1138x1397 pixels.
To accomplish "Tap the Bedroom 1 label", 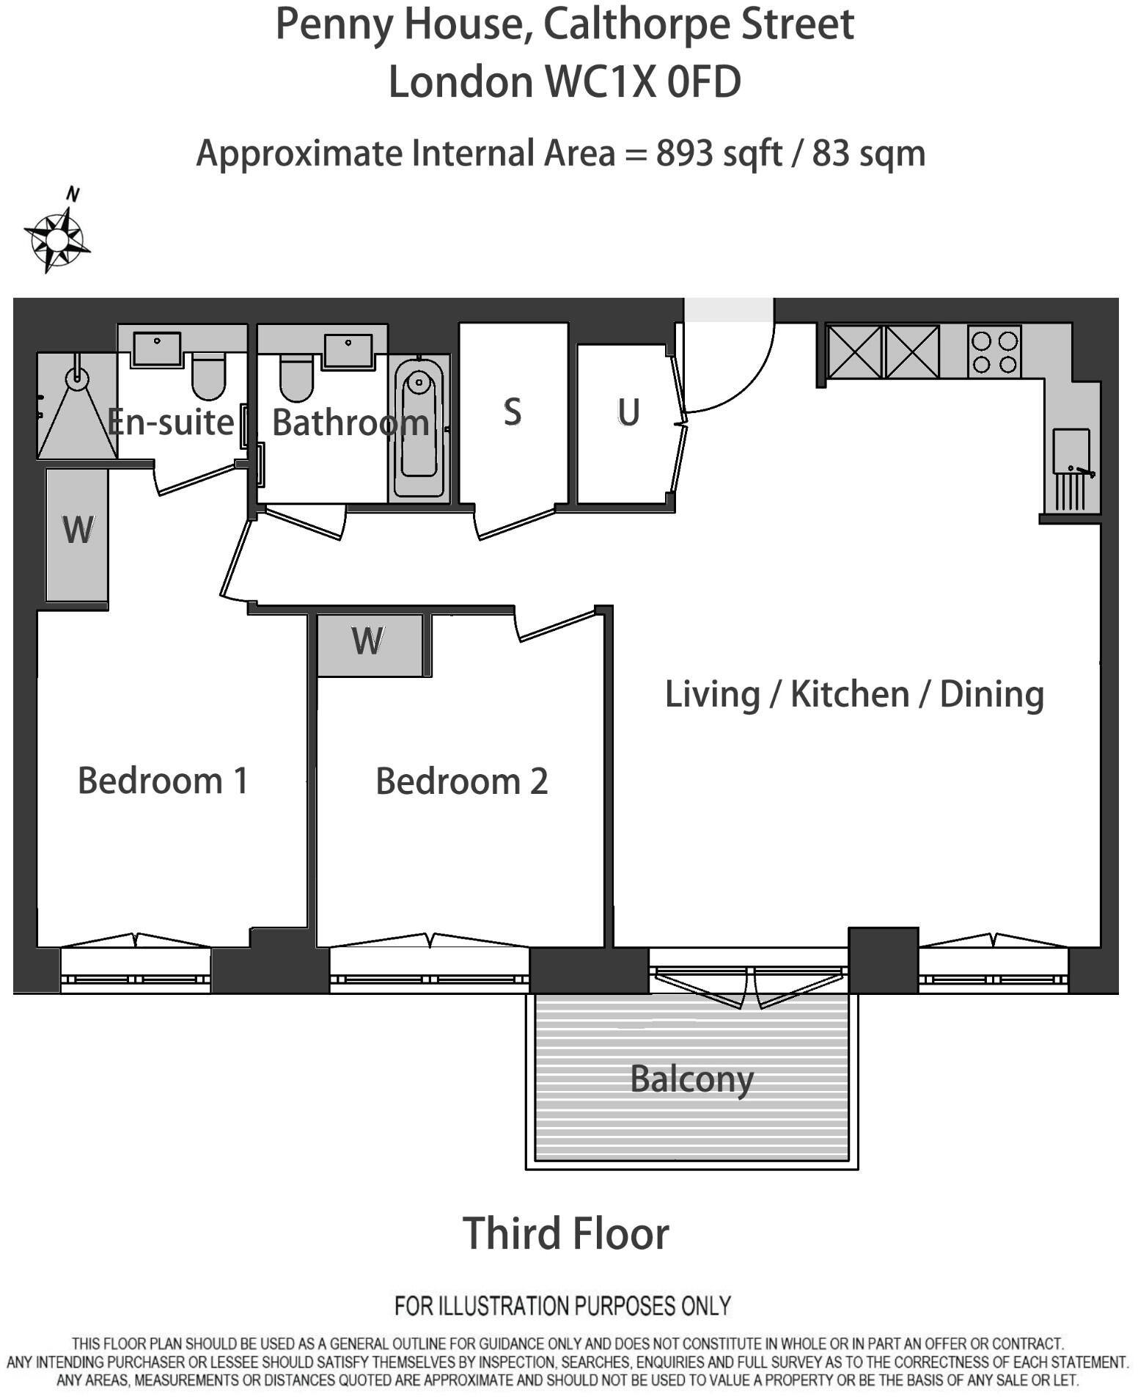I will pyautogui.click(x=163, y=780).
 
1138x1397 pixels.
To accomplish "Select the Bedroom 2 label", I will pyautogui.click(x=461, y=781).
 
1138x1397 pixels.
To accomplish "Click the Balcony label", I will pyautogui.click(x=691, y=1079).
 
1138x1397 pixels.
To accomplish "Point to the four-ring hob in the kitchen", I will pyautogui.click(x=994, y=351).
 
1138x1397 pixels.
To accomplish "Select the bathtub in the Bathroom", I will pyautogui.click(x=419, y=428).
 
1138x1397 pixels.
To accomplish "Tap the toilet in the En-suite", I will pyautogui.click(x=208, y=375).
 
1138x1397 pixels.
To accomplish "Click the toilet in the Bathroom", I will pyautogui.click(x=296, y=377).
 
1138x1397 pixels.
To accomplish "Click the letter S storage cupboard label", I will pyautogui.click(x=513, y=412).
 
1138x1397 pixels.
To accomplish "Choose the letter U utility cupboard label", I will pyautogui.click(x=628, y=412).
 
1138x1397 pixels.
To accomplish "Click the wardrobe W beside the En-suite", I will pyautogui.click(x=78, y=530).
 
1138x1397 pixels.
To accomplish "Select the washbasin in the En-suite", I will pyautogui.click(x=156, y=348).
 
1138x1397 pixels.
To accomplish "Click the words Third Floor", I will pyautogui.click(x=565, y=1233).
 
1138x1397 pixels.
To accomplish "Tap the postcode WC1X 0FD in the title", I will pyautogui.click(x=643, y=81).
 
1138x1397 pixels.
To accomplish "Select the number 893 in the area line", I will pyautogui.click(x=684, y=153).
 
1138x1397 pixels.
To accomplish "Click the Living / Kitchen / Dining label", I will pyautogui.click(x=853, y=694).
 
